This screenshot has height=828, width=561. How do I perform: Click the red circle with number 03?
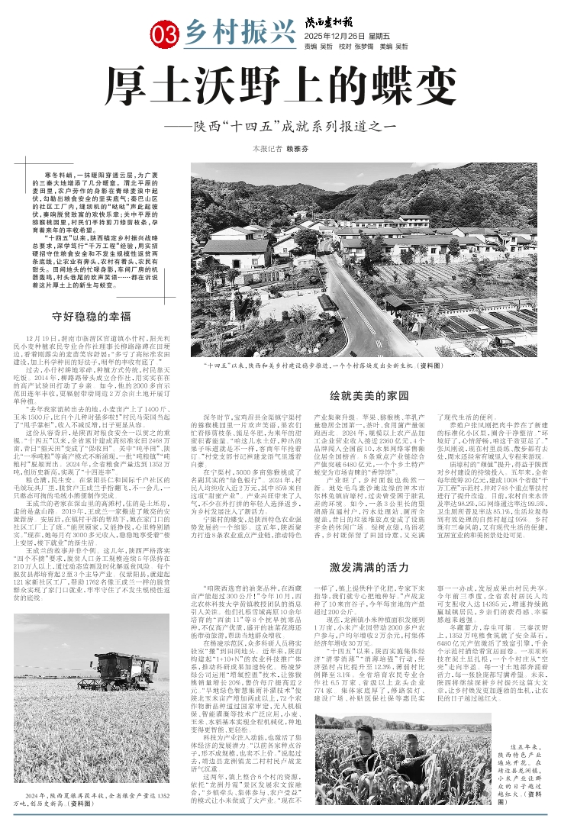[x=165, y=34]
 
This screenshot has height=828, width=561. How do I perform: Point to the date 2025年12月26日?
[x=334, y=37]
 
